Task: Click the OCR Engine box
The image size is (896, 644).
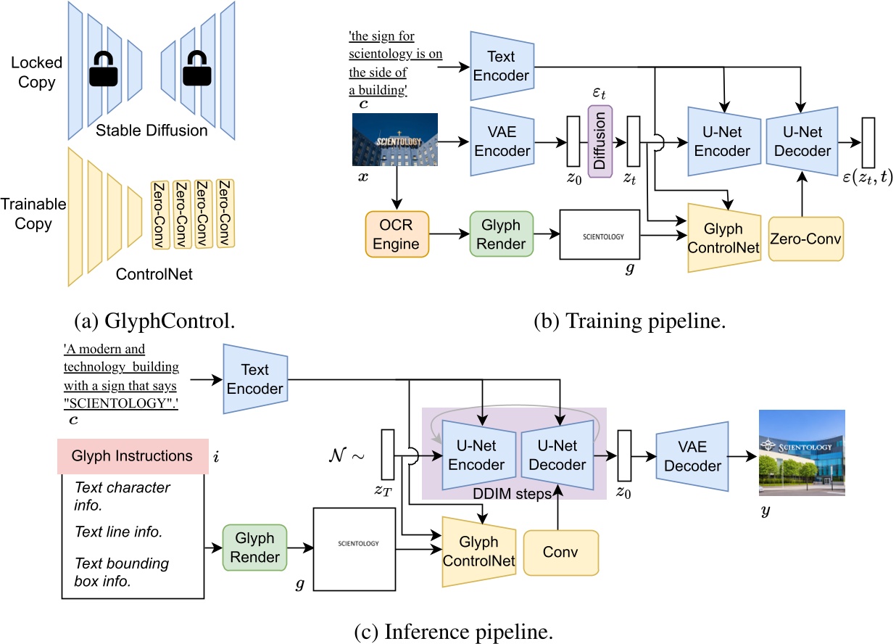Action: click(395, 234)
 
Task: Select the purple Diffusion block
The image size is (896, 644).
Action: click(600, 138)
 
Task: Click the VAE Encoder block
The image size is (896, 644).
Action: click(502, 141)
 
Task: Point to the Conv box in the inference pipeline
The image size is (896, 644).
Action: click(560, 552)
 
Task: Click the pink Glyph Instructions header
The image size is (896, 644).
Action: click(132, 456)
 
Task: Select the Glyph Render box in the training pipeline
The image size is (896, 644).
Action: click(501, 234)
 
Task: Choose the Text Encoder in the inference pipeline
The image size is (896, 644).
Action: click(255, 379)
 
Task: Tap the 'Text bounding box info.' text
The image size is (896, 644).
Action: click(122, 572)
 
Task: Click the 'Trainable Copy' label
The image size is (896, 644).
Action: click(33, 214)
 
